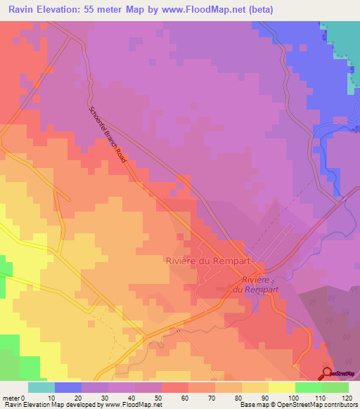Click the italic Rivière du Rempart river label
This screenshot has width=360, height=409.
tap(256, 285)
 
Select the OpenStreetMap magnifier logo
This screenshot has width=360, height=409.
tap(327, 373)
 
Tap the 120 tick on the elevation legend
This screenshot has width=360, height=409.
tap(347, 397)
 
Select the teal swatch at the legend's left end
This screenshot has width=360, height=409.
tap(41, 387)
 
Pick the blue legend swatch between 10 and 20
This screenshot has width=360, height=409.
tap(67, 387)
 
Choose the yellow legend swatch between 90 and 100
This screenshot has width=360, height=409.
tap(281, 387)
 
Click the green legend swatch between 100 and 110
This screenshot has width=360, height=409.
tap(308, 387)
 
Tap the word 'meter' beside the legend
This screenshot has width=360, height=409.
tap(11, 397)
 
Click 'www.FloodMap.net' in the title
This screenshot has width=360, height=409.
tap(207, 10)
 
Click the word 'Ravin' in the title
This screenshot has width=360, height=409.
tap(22, 10)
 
